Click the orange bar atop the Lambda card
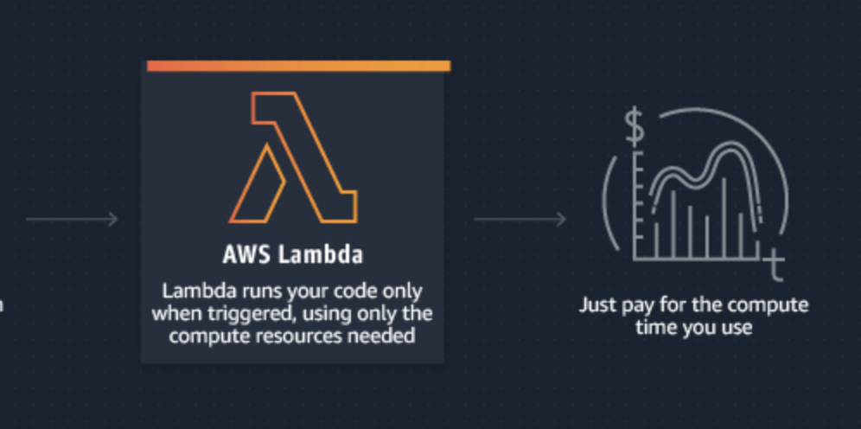(x=298, y=66)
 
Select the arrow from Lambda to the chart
(x=520, y=220)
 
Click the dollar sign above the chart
(x=635, y=129)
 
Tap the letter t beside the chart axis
(x=775, y=268)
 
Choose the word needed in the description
(x=387, y=335)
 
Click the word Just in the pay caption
(x=597, y=305)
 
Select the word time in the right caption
(x=654, y=327)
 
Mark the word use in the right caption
(x=736, y=328)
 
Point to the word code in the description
(x=352, y=291)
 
